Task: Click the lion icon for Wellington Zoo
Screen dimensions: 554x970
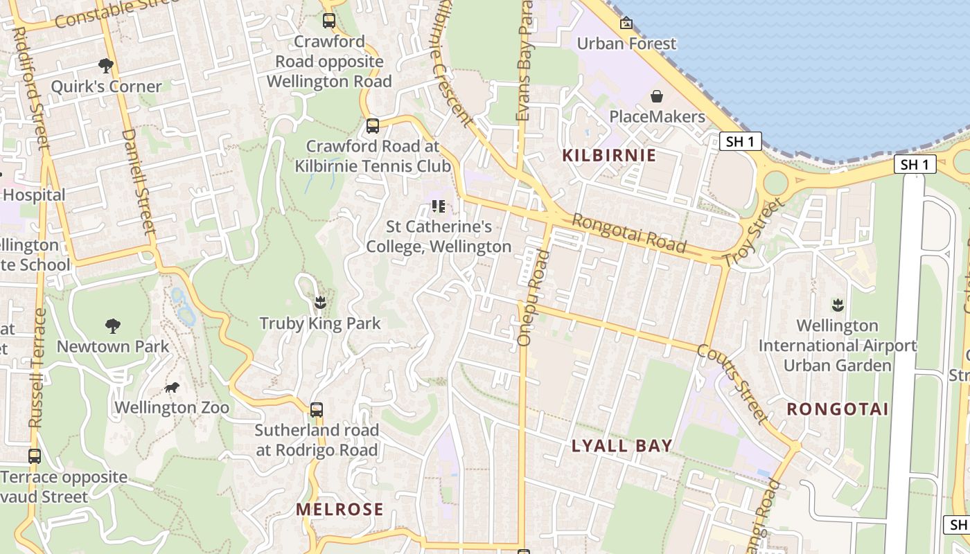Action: click(x=171, y=387)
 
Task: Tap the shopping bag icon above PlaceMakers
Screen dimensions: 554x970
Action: click(x=656, y=96)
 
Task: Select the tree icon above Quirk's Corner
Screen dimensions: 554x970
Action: click(x=106, y=66)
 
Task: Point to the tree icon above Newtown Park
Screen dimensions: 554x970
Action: click(x=112, y=325)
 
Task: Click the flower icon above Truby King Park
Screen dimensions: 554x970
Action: click(x=319, y=303)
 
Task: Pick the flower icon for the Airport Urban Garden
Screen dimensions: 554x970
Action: click(x=837, y=305)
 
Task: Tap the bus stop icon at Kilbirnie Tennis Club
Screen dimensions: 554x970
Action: click(x=373, y=126)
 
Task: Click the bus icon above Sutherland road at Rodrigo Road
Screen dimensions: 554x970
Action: click(x=317, y=409)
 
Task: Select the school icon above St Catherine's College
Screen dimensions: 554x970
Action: click(x=438, y=206)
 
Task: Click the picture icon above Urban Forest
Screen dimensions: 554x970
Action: click(x=626, y=23)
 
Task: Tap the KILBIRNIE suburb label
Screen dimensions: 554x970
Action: click(x=609, y=155)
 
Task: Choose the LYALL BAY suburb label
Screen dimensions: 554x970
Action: click(x=622, y=446)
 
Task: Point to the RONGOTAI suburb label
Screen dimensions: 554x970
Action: click(x=838, y=409)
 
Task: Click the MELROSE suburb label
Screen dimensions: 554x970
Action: click(x=339, y=510)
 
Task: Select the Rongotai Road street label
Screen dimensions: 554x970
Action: click(x=629, y=233)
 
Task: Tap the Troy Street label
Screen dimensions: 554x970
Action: click(x=754, y=233)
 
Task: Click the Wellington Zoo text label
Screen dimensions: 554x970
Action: click(x=172, y=407)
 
